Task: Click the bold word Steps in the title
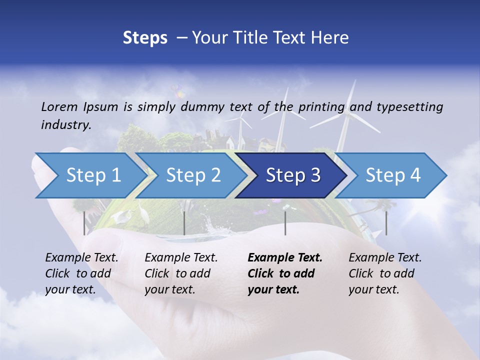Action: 145,37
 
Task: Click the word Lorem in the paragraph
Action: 58,106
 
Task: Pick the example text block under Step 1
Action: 82,273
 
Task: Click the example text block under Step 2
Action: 181,273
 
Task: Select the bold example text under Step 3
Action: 285,273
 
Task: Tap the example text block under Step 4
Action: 385,273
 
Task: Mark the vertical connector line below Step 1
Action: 84,223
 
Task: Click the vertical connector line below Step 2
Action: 184,223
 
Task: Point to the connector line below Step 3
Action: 285,223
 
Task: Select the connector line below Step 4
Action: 386,223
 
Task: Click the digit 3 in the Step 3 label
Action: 315,175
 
